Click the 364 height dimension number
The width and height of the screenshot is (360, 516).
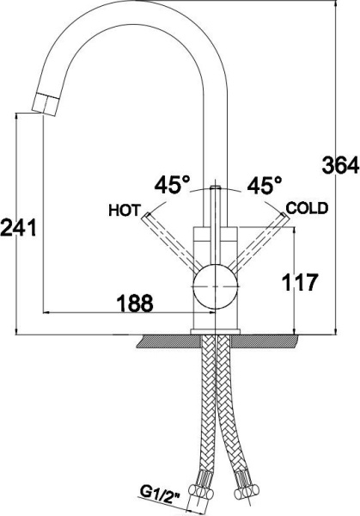(340, 165)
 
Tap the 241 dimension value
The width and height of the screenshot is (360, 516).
(18, 228)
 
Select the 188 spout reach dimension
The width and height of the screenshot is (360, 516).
(135, 303)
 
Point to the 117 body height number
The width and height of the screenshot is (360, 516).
(301, 282)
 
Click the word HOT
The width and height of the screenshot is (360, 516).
(125, 211)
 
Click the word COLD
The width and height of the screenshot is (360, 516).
(307, 208)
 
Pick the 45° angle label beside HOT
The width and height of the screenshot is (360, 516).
(173, 185)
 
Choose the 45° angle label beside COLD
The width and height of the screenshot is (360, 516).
(265, 185)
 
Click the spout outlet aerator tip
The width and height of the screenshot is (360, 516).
(46, 104)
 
